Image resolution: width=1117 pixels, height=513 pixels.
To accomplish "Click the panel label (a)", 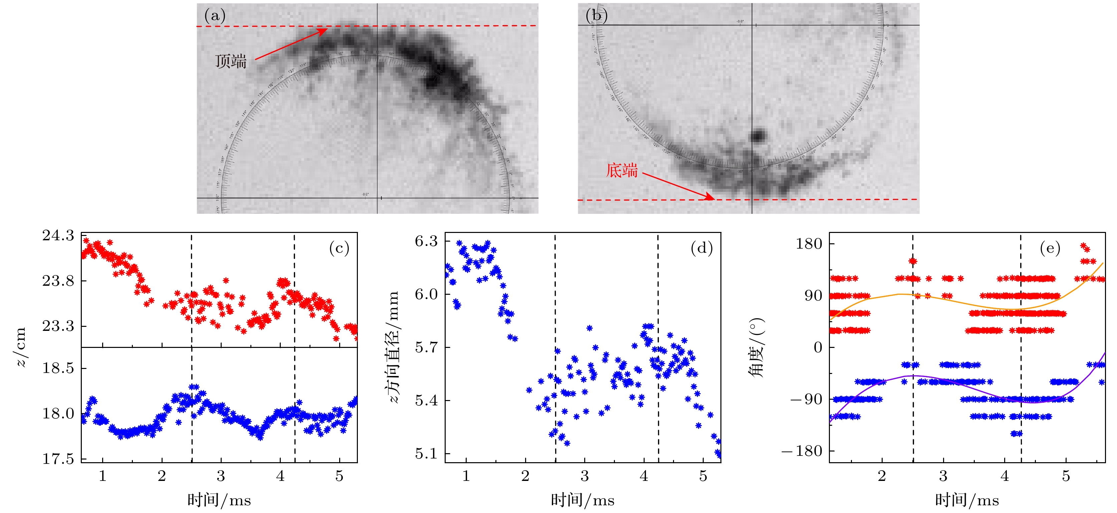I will [215, 16].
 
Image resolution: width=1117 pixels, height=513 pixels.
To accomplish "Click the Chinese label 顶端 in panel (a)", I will [231, 61].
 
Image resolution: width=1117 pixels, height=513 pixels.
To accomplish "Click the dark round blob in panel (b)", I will [757, 135].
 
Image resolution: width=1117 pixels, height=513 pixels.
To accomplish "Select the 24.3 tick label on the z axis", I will [58, 235].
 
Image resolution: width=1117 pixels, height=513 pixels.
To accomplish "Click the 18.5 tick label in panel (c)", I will [58, 368].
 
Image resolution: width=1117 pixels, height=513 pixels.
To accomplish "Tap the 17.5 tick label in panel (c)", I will [58, 459].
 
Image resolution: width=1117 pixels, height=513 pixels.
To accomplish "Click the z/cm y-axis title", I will [21, 347].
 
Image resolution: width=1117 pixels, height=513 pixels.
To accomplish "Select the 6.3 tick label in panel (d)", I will [426, 241].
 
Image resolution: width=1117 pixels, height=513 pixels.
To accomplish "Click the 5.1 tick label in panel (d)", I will [426, 454].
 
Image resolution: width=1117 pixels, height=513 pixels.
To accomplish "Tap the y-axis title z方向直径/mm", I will [393, 347].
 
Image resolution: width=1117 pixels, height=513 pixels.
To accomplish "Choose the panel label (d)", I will [702, 248].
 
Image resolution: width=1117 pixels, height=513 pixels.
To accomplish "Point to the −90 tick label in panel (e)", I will [806, 399].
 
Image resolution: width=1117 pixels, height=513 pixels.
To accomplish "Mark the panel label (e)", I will [1050, 248].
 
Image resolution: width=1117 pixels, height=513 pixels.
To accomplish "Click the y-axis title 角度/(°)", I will [757, 348].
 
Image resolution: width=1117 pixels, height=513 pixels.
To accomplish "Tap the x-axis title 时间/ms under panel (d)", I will [582, 500].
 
